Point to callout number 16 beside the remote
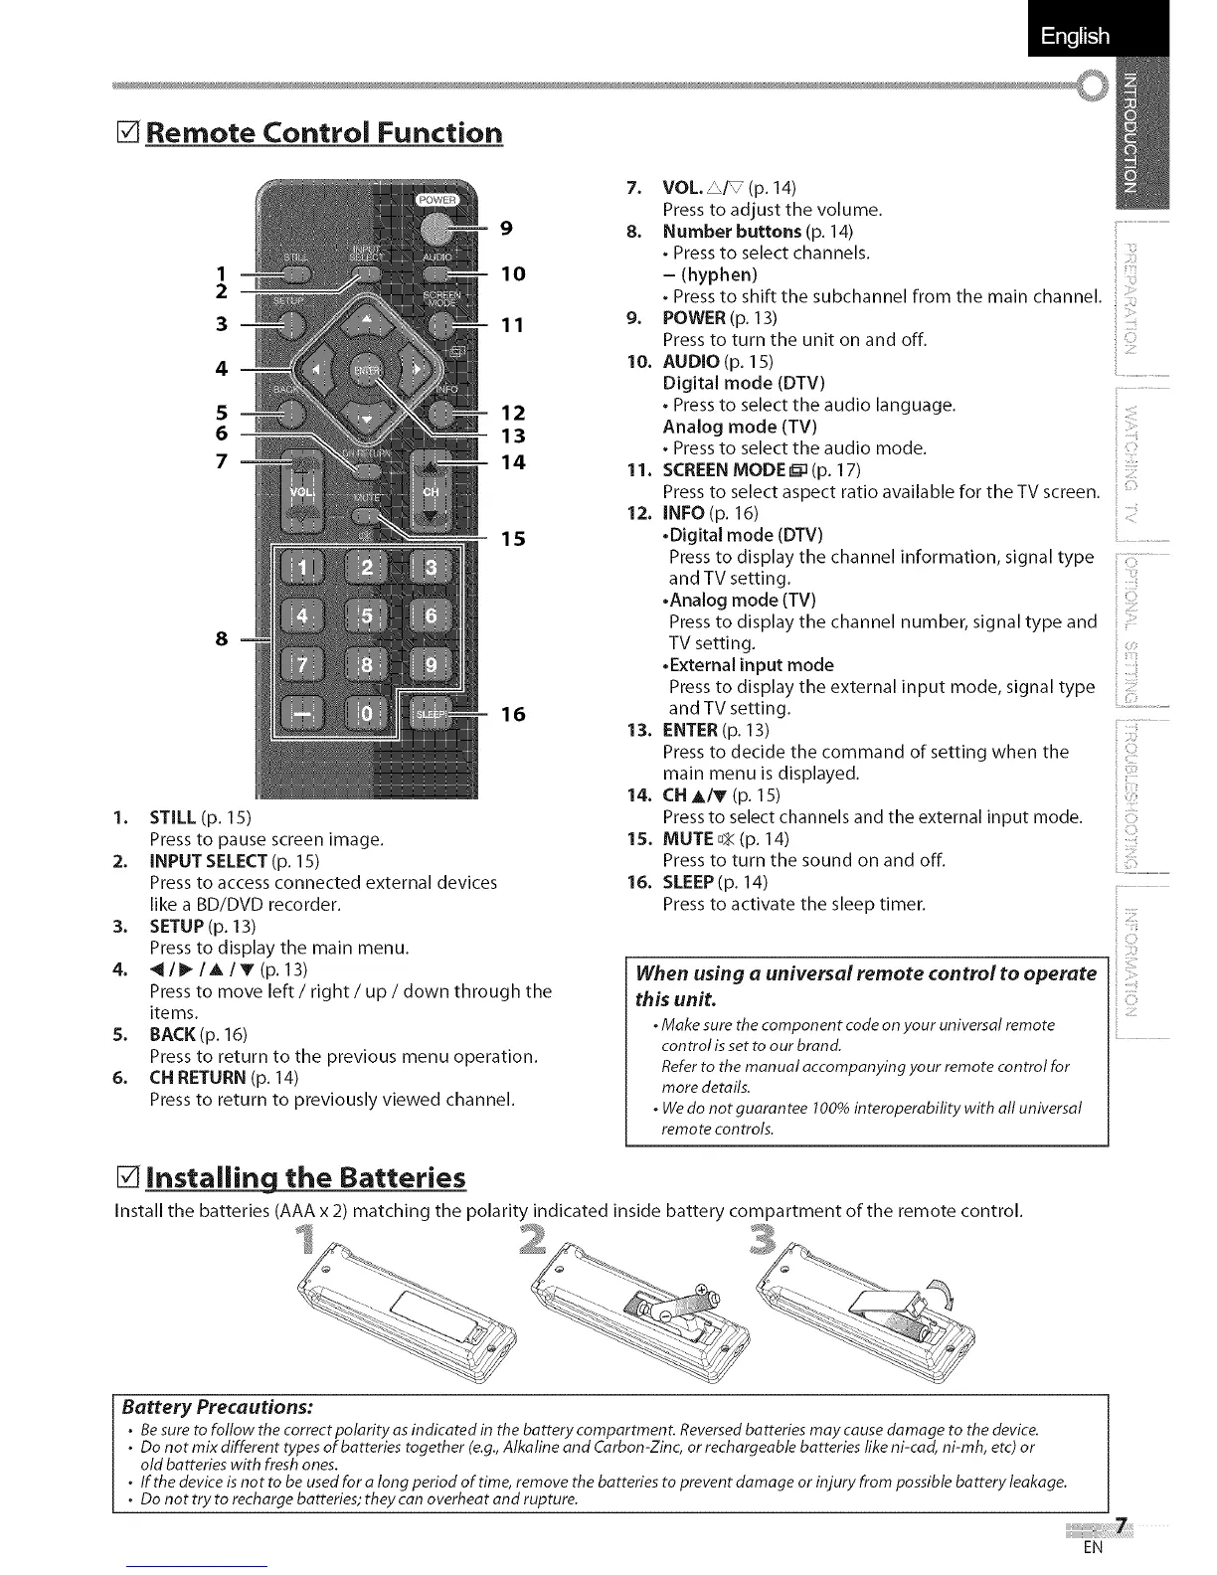[513, 714]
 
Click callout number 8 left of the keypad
[223, 638]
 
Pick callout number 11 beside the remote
[513, 325]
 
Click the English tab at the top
[1075, 37]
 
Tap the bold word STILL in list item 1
[173, 817]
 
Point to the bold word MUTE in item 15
[688, 838]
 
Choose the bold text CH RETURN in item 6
[197, 1077]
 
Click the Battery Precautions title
[217, 1407]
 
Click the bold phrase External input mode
[750, 665]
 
